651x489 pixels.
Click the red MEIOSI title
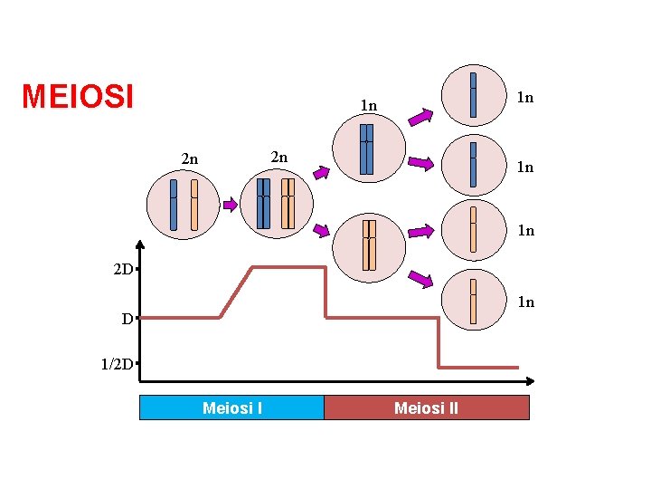78,95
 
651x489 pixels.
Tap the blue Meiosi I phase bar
231,408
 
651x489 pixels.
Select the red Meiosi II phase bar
426,408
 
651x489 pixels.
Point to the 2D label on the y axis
124,270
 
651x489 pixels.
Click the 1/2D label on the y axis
118,365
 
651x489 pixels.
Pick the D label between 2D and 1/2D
129,319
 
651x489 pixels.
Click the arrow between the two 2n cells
230,205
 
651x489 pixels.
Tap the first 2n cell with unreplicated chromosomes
184,202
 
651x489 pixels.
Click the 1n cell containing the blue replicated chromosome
368,149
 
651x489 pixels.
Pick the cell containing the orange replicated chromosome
369,245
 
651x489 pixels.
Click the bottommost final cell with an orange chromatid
474,301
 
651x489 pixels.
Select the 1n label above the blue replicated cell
368,106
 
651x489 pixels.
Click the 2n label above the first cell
189,159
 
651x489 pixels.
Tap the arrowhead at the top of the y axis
141,244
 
